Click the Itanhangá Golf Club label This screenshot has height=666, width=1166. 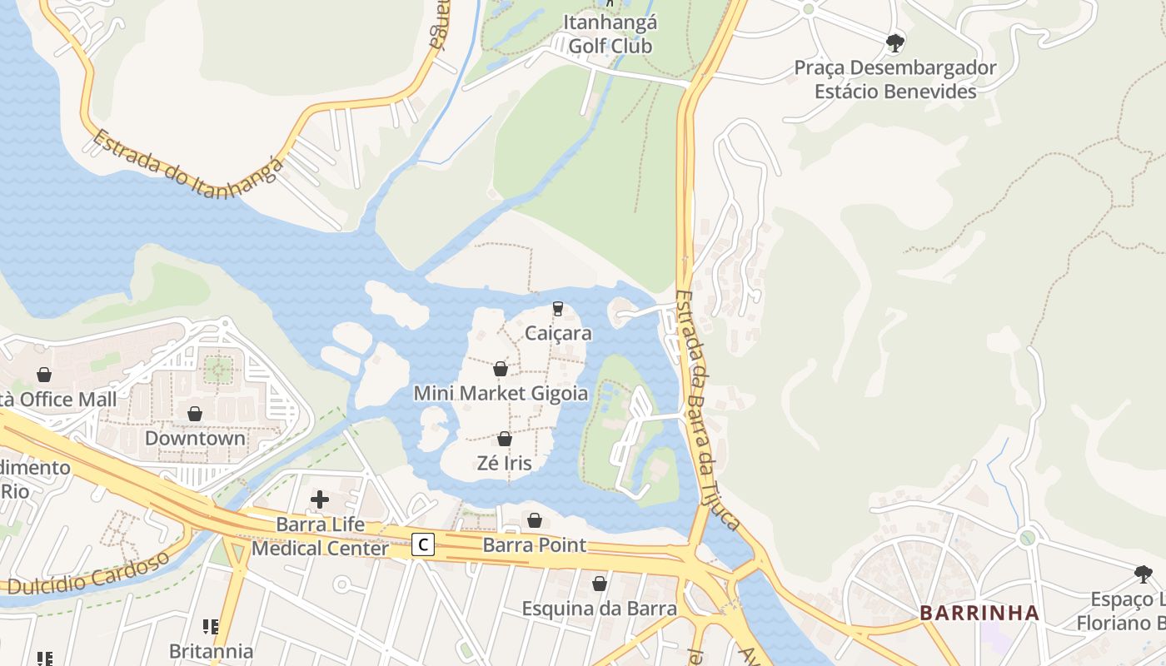(x=610, y=34)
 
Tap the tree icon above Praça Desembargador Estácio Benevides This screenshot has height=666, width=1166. (x=895, y=42)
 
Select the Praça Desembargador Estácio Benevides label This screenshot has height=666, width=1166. (x=895, y=79)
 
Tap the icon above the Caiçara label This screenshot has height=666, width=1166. (x=558, y=309)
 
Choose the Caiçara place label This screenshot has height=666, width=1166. (x=558, y=334)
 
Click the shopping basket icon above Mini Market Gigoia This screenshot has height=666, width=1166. (x=501, y=369)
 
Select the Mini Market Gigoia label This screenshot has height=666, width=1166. (x=501, y=393)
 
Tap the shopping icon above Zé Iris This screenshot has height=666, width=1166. (x=504, y=439)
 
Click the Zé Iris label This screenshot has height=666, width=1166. (x=504, y=463)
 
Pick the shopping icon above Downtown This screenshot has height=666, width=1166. (x=195, y=414)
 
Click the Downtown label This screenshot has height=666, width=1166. (x=195, y=438)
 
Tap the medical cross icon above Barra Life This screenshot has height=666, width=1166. (x=320, y=499)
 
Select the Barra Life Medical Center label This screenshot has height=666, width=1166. (x=320, y=537)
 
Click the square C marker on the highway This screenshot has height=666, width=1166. (x=424, y=545)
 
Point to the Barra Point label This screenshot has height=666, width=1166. (x=535, y=545)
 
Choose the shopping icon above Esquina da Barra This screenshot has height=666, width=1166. (x=599, y=584)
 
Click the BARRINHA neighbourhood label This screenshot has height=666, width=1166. (x=979, y=614)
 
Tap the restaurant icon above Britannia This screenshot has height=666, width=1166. (x=211, y=626)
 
